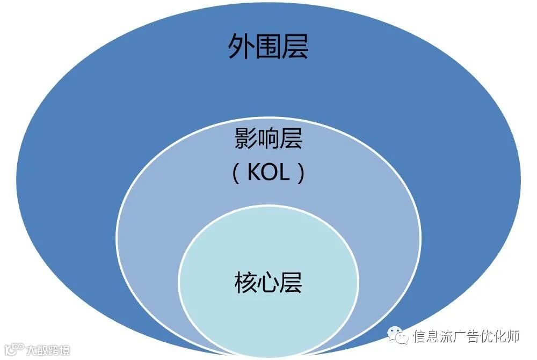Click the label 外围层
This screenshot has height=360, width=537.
268,46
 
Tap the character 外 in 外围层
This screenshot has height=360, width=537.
241,46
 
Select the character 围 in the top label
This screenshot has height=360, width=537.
268,46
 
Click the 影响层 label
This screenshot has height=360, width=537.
268,138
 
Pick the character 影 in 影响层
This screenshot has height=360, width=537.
245,138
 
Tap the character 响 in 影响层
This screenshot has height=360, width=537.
268,138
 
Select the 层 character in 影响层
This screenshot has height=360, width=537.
291,138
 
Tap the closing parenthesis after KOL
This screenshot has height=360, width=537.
301,173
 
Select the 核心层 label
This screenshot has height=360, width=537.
268,282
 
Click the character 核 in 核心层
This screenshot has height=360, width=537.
245,282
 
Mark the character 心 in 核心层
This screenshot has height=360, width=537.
268,282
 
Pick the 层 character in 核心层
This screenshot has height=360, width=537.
291,282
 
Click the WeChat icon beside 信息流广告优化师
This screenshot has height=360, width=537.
396,336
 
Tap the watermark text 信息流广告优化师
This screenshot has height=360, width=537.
466,336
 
